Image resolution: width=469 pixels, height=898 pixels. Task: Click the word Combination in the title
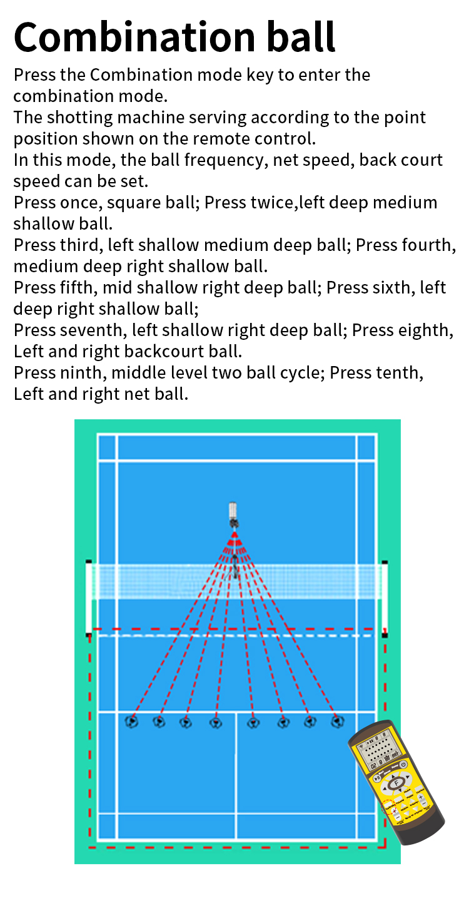click(x=134, y=37)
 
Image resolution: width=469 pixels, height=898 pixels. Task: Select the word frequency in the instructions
click(x=226, y=160)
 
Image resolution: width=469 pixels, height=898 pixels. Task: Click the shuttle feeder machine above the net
click(x=233, y=515)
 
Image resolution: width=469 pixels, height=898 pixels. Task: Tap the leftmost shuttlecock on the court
click(x=132, y=722)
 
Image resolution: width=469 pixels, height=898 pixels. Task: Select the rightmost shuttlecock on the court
click(x=338, y=722)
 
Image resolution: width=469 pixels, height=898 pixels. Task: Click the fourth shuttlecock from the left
click(x=216, y=723)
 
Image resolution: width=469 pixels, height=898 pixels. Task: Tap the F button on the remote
click(x=396, y=782)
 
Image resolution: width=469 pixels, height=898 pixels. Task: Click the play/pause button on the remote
click(x=377, y=778)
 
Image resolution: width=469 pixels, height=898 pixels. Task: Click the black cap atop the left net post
click(x=89, y=562)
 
